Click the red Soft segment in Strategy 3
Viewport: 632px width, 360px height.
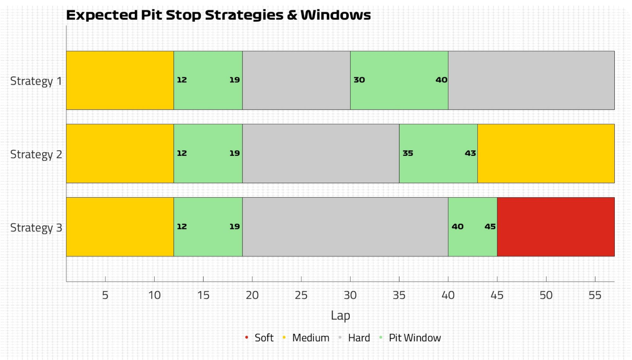(x=556, y=227)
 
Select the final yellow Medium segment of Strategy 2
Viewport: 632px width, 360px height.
(x=546, y=153)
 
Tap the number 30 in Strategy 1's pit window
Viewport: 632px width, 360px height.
(x=359, y=80)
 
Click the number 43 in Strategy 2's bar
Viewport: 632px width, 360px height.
(x=470, y=153)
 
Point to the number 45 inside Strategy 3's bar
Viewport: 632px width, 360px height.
(x=490, y=227)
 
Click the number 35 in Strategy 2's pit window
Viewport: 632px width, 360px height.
(x=408, y=153)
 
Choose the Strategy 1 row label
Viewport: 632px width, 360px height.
(x=36, y=81)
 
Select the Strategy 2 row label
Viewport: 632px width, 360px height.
(x=36, y=154)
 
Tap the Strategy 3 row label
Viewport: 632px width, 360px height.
(x=36, y=227)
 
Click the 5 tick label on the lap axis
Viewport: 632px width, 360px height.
(x=105, y=295)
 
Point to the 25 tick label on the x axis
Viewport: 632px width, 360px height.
(x=301, y=295)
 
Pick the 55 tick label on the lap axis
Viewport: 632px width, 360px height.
(x=595, y=295)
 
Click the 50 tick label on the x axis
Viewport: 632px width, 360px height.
(x=546, y=295)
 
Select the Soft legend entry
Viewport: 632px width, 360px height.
(x=259, y=337)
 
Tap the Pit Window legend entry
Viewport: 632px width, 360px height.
(x=410, y=337)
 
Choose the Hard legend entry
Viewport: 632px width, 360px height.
(x=354, y=337)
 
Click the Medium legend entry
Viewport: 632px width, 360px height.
(x=306, y=337)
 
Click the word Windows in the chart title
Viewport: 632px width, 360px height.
(x=335, y=15)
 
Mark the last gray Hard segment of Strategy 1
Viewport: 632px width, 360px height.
(x=531, y=80)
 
